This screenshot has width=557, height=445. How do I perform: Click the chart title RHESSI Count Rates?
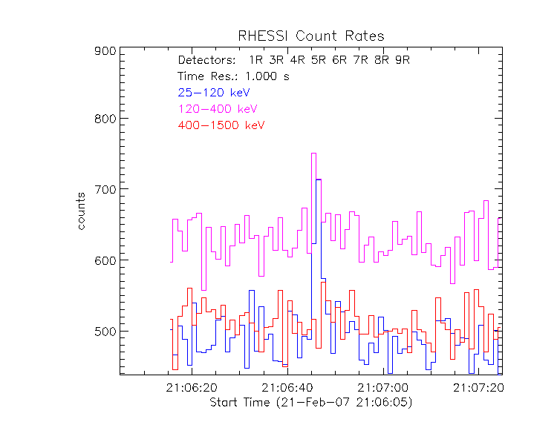point(310,36)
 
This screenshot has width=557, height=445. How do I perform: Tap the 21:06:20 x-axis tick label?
point(192,388)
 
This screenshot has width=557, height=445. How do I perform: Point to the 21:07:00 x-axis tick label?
point(383,388)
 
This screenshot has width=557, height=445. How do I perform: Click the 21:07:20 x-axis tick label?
point(478,388)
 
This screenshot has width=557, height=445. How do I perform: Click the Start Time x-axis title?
point(310,403)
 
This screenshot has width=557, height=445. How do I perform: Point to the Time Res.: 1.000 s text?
point(223,76)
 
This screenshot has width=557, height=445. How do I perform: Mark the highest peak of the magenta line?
point(313,154)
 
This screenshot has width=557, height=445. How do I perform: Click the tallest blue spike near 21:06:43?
point(319,179)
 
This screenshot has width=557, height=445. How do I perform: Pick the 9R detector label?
point(403,60)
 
